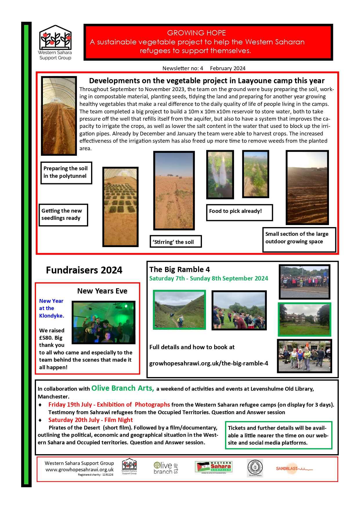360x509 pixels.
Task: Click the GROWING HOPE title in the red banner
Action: click(196, 33)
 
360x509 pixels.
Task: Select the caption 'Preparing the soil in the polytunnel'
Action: click(66, 172)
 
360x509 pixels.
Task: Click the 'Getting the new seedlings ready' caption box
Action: click(63, 215)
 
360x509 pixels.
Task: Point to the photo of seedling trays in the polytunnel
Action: click(120, 207)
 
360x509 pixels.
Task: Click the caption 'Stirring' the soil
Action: click(175, 242)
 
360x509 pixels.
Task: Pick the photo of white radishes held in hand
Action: click(220, 174)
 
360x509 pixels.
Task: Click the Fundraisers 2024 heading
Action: click(84, 270)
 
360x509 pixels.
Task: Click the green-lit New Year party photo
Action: click(103, 322)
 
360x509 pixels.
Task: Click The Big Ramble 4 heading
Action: click(179, 269)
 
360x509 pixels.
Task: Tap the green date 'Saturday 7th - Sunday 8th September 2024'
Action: click(209, 278)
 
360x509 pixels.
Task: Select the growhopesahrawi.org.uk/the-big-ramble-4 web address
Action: click(209, 363)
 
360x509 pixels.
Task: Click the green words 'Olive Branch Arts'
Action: click(122, 388)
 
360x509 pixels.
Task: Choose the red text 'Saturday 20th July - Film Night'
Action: click(91, 420)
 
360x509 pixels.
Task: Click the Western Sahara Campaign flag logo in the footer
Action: click(214, 467)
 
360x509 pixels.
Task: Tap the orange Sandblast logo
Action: click(294, 468)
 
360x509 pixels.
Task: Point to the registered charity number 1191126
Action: click(108, 475)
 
